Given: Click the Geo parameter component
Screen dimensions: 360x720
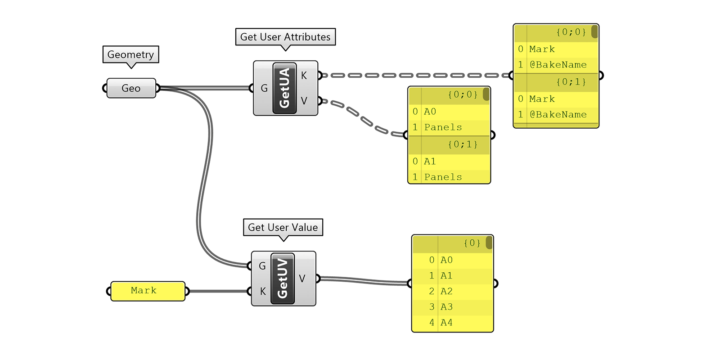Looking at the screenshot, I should click(x=131, y=88).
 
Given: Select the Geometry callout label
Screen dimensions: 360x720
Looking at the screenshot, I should click(x=130, y=54).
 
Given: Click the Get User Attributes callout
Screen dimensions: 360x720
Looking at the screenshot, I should click(x=285, y=37).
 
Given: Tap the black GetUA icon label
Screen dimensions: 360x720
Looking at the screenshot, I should click(x=285, y=88).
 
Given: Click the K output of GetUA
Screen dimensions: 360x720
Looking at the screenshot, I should click(x=304, y=76).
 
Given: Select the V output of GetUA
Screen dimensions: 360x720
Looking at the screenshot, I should click(x=304, y=101).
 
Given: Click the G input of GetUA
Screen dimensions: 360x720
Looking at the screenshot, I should click(x=264, y=88).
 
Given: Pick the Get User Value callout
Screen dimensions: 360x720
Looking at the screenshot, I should click(x=283, y=227).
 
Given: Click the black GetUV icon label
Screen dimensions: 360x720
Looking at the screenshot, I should click(x=283, y=279).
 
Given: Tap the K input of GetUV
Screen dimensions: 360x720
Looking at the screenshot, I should click(x=263, y=291).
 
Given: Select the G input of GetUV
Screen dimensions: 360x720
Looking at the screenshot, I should click(x=262, y=266).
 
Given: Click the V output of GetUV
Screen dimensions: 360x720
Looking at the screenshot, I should click(x=302, y=279).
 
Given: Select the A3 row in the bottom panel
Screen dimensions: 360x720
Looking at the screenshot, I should click(x=446, y=307).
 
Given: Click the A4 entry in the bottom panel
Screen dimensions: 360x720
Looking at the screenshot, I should click(x=446, y=323).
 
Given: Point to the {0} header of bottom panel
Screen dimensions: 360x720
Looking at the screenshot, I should click(x=472, y=243).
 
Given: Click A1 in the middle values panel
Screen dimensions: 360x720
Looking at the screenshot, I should click(x=430, y=161).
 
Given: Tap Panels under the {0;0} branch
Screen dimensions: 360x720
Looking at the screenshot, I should click(x=443, y=127).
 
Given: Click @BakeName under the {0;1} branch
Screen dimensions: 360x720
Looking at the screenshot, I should click(x=558, y=115).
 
